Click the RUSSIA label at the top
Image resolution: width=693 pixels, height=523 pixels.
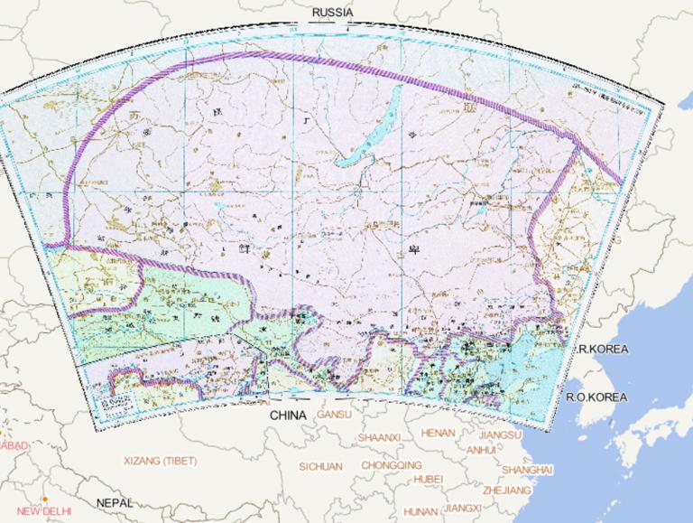pos(332,12)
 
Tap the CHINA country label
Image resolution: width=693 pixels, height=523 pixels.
pos(289,416)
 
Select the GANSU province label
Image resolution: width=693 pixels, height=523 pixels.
pos(334,415)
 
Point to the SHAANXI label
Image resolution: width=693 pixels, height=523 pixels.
pos(378,437)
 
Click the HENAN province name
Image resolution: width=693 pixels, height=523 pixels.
pos(439,433)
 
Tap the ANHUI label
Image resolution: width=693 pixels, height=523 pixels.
pos(481,449)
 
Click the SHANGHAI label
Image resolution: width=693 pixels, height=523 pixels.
pos(527,470)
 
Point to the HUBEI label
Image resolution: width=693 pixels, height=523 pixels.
pos(429,479)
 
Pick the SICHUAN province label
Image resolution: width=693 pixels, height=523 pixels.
pos(320,466)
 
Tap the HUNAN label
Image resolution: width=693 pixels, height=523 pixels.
pos(420,511)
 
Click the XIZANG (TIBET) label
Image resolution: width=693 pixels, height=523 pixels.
pos(160,461)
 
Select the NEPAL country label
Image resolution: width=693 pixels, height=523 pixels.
pos(116,502)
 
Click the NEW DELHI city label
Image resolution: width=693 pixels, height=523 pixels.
pos(43,511)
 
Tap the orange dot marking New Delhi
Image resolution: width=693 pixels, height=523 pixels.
pos(44,499)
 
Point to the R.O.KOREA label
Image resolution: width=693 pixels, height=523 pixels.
pos(596,397)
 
